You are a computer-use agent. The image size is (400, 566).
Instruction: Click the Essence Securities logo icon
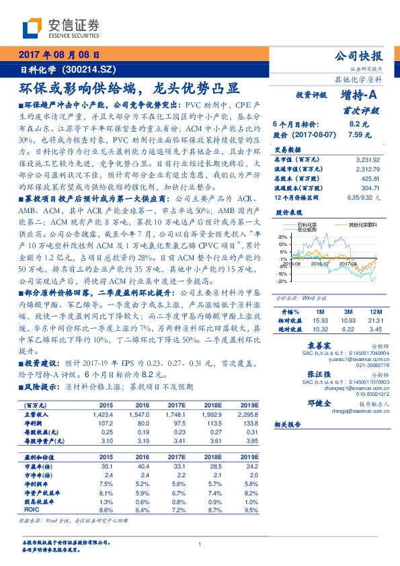click(33, 28)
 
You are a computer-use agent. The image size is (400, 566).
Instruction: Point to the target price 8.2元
click(357, 124)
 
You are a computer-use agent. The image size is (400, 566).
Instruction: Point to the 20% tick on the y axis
click(282, 237)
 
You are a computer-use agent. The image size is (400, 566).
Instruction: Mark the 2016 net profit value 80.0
click(143, 423)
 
